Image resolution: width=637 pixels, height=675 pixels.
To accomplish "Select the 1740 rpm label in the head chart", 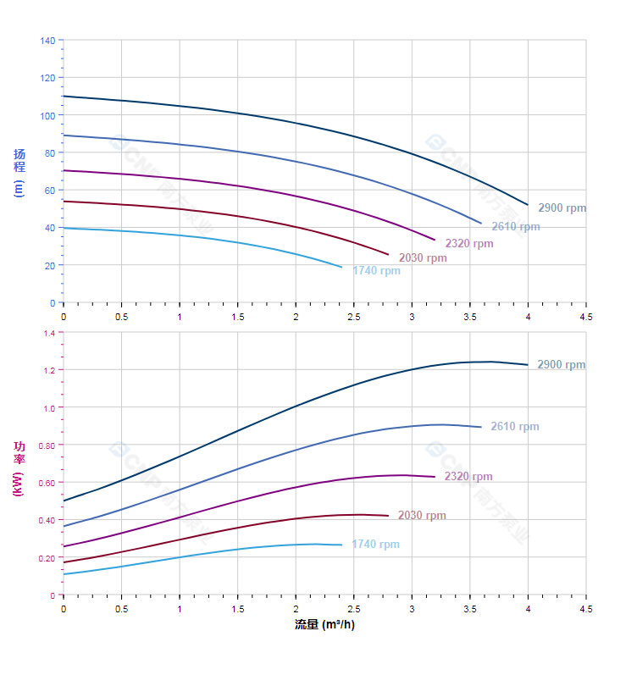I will [376, 271].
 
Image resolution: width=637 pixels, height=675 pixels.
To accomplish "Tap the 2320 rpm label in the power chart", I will [468, 477].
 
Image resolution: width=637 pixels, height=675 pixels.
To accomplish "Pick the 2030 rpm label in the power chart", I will [421, 516].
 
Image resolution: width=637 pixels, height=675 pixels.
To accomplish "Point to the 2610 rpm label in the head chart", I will [515, 227].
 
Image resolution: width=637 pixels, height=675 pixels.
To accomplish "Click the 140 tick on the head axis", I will [47, 41].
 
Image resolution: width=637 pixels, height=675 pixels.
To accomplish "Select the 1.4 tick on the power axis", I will [48, 334].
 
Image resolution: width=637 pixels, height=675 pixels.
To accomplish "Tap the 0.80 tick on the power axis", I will [47, 445].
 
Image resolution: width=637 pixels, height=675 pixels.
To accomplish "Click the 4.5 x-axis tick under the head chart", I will [585, 316].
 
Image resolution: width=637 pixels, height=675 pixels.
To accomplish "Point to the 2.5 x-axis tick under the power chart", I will [353, 608].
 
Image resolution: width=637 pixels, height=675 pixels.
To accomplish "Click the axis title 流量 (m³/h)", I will [324, 625].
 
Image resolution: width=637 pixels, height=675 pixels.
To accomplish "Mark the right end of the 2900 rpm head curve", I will [528, 205].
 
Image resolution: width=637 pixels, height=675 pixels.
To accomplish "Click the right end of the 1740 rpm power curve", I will [342, 545].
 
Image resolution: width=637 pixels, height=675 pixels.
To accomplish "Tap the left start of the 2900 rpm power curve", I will [64, 501].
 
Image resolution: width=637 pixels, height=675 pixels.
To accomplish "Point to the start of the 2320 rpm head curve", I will [64, 170].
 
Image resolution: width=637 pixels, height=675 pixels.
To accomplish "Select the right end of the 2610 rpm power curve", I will [481, 427].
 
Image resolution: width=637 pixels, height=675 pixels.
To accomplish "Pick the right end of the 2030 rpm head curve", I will [388, 254].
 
